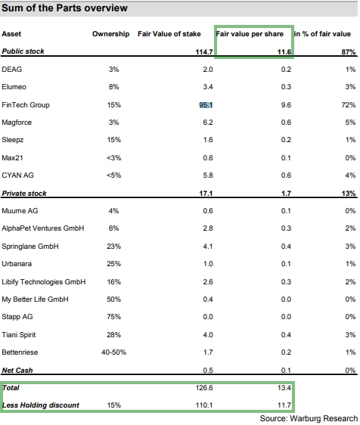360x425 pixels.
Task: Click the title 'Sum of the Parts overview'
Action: tap(65, 8)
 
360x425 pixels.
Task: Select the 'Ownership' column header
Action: tap(112, 35)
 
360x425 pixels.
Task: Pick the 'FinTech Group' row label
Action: tap(26, 105)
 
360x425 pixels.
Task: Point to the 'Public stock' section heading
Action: tap(23, 52)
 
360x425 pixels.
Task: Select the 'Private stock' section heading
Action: tap(25, 194)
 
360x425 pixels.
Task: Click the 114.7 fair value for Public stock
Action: tap(201, 52)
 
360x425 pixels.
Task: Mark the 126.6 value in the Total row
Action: tap(202, 389)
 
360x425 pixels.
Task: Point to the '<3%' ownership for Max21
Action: tap(112, 158)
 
